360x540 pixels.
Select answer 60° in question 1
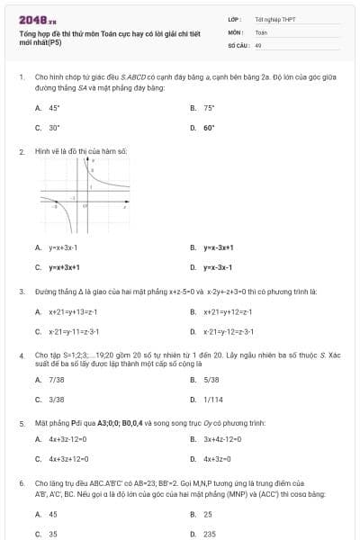click(209, 128)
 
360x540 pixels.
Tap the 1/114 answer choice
click(213, 400)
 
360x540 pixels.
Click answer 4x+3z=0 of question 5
click(222, 459)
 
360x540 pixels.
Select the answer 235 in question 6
click(209, 534)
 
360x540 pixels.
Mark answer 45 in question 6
click(53, 514)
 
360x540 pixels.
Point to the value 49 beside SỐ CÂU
click(258, 44)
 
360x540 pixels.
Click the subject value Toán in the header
click(261, 31)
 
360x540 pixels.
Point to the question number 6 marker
click(22, 483)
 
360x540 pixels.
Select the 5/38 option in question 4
click(211, 380)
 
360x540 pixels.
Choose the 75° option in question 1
click(209, 107)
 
